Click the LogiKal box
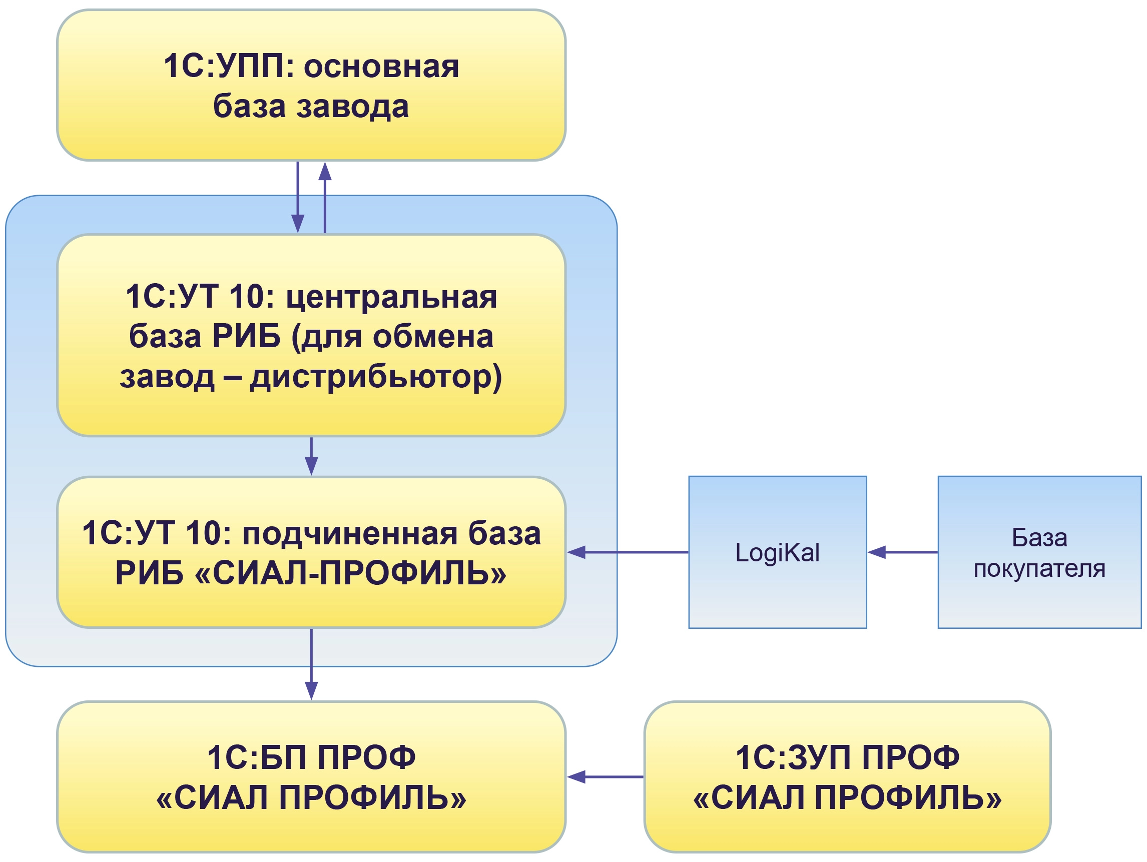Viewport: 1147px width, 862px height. coord(777,552)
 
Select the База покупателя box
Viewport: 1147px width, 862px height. coord(1039,552)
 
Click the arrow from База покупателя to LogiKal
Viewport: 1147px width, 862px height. coord(902,552)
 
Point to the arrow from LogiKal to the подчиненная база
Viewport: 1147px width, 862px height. coord(628,552)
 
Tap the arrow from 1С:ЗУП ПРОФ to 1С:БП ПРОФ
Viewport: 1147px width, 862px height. coord(605,777)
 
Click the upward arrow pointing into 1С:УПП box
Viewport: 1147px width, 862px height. coord(325,197)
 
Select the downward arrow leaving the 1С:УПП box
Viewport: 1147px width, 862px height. coord(298,197)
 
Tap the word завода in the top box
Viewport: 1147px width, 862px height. coord(353,106)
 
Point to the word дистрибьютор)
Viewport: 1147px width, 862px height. coord(376,377)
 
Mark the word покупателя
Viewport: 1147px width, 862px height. coord(1039,569)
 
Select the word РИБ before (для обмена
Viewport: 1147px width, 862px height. coord(246,336)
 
